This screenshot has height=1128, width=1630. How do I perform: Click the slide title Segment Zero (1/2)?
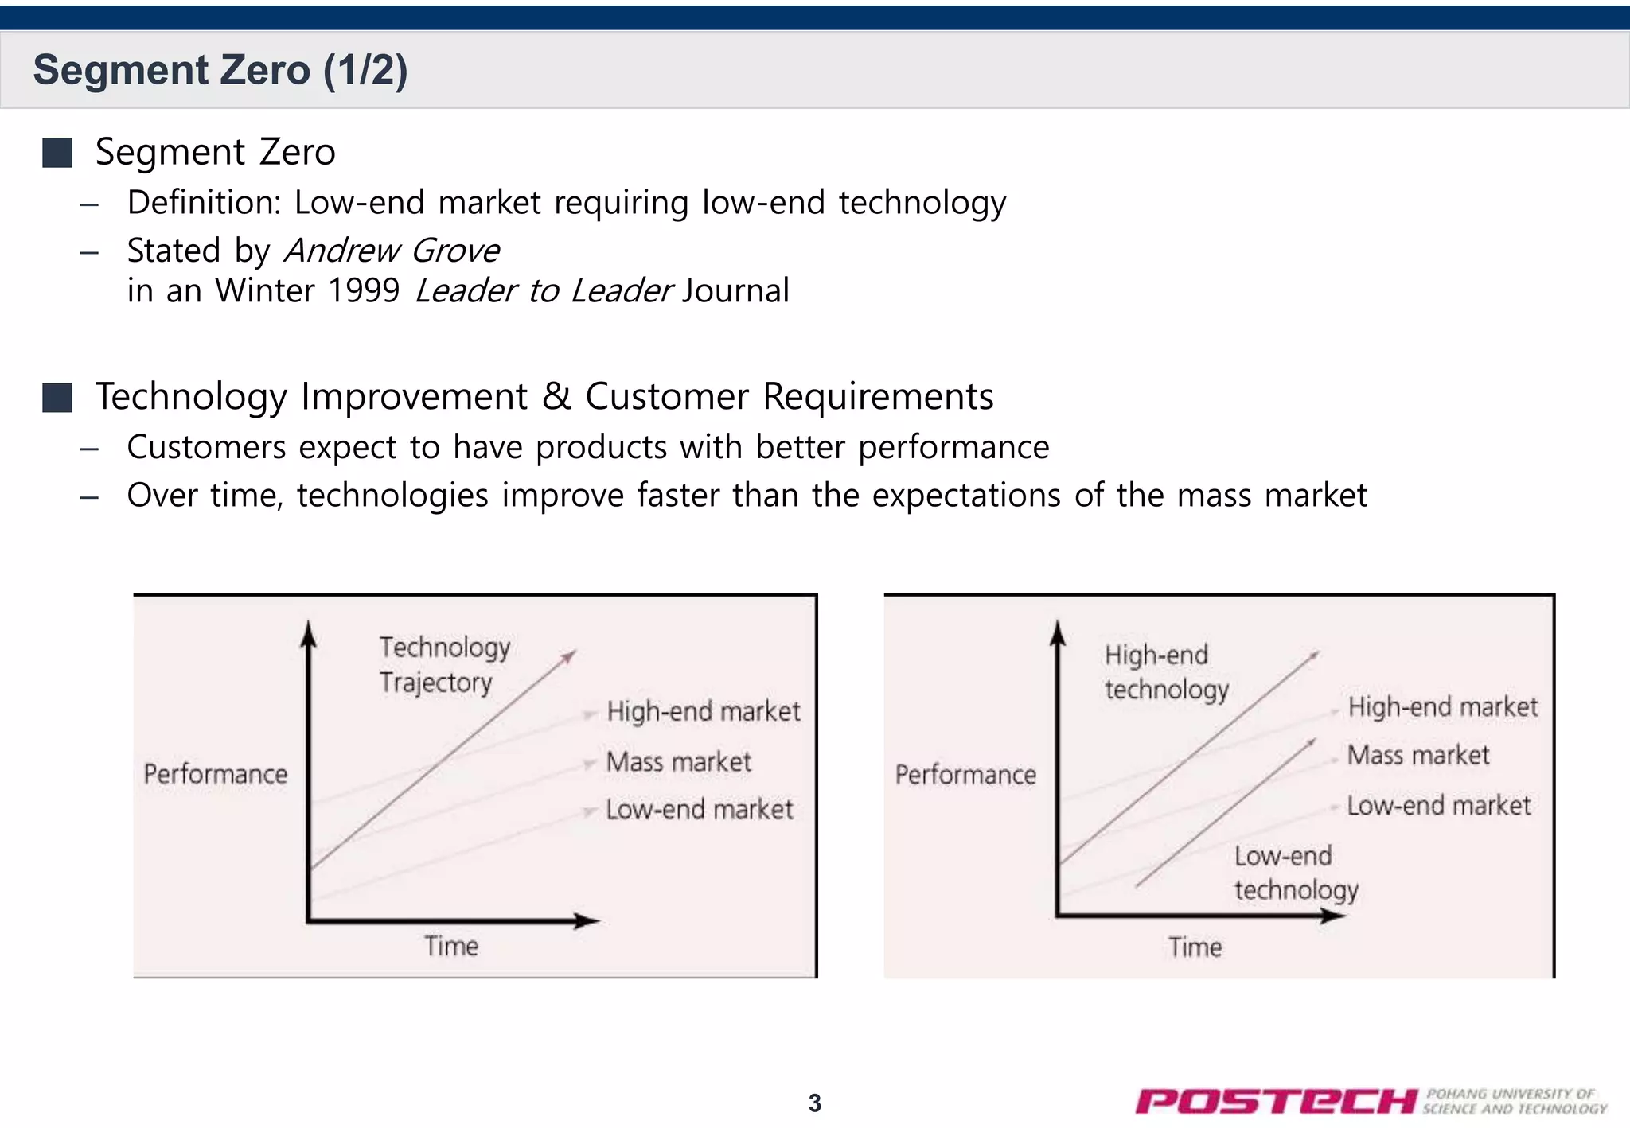[x=220, y=70]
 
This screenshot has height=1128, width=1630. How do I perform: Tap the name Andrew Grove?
[x=392, y=251]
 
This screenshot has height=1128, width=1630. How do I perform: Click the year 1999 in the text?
[x=364, y=290]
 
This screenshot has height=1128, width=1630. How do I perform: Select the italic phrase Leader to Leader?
[x=544, y=290]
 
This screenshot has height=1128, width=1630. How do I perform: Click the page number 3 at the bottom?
[x=814, y=1103]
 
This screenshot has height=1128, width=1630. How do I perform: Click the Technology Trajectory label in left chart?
[x=443, y=664]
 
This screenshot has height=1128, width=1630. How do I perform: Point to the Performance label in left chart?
[x=215, y=774]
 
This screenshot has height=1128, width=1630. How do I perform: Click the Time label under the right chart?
[x=1195, y=947]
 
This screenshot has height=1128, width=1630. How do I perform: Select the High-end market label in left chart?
[x=703, y=711]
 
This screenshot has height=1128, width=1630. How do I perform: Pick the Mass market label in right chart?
[x=1417, y=755]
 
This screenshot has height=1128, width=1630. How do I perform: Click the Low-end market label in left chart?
[x=699, y=810]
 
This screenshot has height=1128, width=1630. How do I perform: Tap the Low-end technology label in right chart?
[x=1295, y=873]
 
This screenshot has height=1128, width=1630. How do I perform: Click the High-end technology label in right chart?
[x=1166, y=672]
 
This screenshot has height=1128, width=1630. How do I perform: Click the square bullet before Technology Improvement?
[x=57, y=397]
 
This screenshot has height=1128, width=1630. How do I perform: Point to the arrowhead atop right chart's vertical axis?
[x=1058, y=632]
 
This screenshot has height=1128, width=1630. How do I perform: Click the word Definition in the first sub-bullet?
[x=203, y=203]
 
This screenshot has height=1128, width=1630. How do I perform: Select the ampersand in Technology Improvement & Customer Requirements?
[x=557, y=397]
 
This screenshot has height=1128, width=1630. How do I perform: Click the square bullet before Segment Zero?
[x=57, y=153]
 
